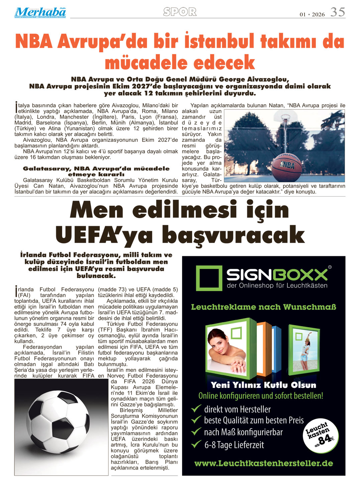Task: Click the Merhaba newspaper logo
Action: (40, 12)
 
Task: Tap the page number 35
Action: (338, 12)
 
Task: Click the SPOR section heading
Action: (180, 12)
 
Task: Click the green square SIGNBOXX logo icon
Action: (209, 278)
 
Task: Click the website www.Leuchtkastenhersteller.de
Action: (263, 463)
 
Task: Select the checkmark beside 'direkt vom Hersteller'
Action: (196, 409)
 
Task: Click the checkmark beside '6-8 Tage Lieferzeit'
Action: (196, 445)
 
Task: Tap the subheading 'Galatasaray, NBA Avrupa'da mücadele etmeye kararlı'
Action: (96, 171)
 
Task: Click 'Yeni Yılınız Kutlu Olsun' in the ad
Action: (263, 385)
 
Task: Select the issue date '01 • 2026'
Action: (312, 14)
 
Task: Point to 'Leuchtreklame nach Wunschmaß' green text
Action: (263, 307)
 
